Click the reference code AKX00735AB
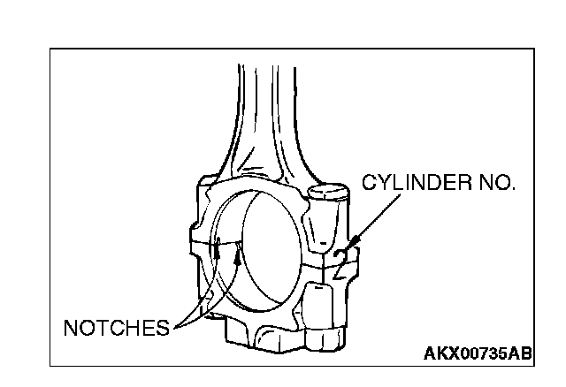coord(478,354)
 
